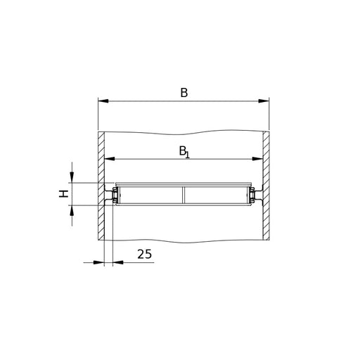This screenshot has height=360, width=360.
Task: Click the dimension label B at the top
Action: pos(184,93)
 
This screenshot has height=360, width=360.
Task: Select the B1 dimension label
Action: pos(184,152)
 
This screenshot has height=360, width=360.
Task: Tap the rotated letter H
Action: pos(63,194)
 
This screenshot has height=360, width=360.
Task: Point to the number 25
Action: pos(144,254)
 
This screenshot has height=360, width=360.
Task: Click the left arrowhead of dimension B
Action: pos(103,101)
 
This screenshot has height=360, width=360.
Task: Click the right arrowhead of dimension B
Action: pos(264,101)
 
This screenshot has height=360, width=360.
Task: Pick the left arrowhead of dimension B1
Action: pos(110,159)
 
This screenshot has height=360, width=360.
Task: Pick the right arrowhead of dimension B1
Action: pos(257,159)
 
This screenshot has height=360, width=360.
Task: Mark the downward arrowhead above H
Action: pos(72,177)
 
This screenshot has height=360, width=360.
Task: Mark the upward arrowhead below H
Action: pos(72,210)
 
